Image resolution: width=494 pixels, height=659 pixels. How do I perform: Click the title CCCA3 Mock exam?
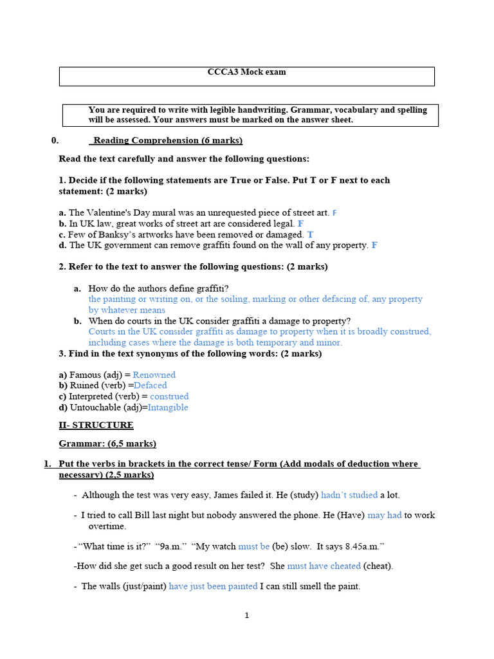pos(246,72)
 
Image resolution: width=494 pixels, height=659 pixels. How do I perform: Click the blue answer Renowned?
pos(154,375)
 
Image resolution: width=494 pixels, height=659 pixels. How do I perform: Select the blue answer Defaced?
pos(150,385)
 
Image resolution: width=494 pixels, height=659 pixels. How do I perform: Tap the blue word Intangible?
pos(168,407)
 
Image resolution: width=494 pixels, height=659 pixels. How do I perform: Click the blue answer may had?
pos(385,515)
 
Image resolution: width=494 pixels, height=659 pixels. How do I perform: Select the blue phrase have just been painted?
pos(213,586)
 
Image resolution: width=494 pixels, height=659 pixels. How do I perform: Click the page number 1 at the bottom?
pos(246,616)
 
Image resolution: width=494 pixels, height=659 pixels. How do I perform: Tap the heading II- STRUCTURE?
pos(96,425)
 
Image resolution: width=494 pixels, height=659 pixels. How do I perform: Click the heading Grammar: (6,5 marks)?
pos(107,443)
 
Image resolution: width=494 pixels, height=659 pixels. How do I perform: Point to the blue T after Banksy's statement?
pos(311,235)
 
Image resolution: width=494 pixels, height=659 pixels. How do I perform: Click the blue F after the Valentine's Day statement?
pos(334,212)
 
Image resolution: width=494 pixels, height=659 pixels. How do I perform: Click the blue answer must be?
pos(253,546)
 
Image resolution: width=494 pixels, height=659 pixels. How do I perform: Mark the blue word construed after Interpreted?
pos(169,396)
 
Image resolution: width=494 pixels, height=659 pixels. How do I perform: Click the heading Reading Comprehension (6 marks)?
pos(168,140)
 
